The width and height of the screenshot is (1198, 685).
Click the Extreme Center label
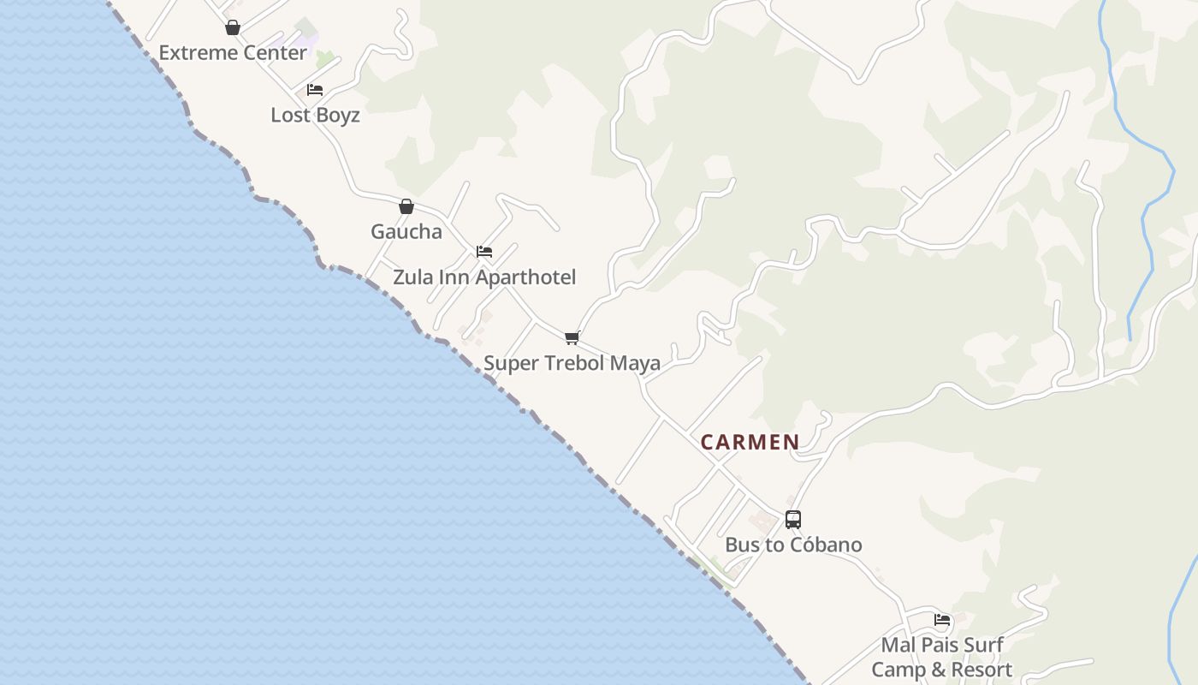tap(233, 52)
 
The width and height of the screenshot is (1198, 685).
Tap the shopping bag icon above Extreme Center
tap(233, 28)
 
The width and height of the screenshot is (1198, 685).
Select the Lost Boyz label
tap(315, 115)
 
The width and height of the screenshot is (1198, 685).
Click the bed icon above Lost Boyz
tap(315, 90)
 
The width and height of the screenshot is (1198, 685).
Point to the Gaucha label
tap(406, 231)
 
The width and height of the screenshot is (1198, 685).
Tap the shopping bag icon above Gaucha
tap(406, 206)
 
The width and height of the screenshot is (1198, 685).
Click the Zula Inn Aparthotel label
tap(484, 277)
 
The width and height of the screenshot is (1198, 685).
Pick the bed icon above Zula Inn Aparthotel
tap(484, 252)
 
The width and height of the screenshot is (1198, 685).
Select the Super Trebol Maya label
tap(572, 363)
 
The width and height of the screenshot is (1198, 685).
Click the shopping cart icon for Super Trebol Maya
tap(572, 337)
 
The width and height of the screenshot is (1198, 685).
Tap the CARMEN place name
tap(750, 442)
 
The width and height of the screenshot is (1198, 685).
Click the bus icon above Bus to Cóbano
tap(793, 519)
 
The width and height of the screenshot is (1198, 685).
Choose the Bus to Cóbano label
tap(793, 545)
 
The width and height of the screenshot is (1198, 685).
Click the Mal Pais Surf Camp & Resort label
tap(942, 657)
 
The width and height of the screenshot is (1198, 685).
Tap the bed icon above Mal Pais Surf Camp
tap(943, 620)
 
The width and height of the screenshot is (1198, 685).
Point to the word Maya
tap(634, 363)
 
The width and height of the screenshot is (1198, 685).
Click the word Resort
tap(982, 670)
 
